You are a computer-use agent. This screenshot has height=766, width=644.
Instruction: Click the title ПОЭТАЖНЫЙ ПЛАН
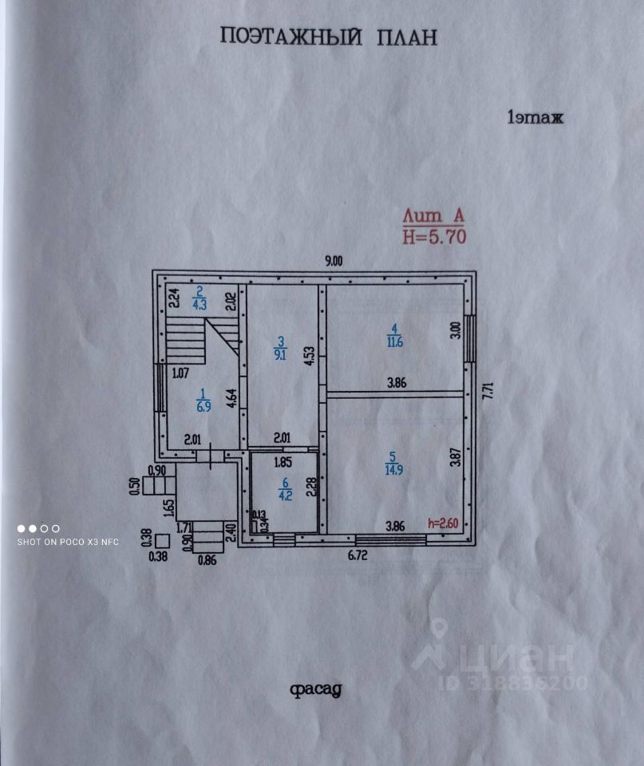(x=328, y=38)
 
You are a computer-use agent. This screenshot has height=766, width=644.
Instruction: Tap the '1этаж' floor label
(x=535, y=118)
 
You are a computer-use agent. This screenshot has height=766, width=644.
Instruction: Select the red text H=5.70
(x=434, y=235)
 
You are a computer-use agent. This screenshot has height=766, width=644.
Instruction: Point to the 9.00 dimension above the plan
(x=333, y=260)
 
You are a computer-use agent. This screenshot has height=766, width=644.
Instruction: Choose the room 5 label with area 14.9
(x=391, y=463)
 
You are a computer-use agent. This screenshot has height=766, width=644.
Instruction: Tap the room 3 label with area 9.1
(x=280, y=349)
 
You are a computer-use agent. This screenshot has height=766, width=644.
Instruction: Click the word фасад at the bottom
(x=316, y=689)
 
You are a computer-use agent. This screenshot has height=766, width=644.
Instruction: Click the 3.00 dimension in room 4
(x=455, y=331)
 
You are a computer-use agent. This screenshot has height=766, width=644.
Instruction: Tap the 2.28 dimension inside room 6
(x=313, y=485)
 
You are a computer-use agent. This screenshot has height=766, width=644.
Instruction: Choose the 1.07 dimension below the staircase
(x=180, y=371)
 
